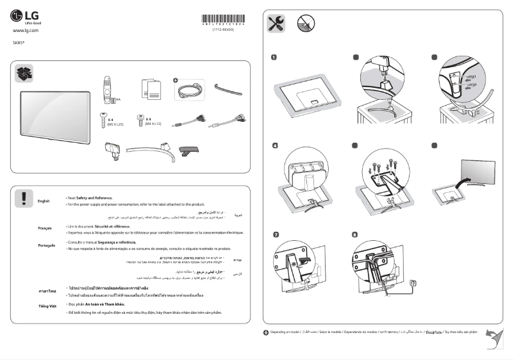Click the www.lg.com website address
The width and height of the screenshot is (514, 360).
click(26, 30)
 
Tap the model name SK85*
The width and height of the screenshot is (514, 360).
click(19, 42)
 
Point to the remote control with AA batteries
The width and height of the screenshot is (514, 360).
click(107, 89)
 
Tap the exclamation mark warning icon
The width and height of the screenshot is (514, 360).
click(24, 198)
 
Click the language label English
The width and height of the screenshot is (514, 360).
click(44, 201)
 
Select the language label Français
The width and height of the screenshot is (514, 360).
click(44, 228)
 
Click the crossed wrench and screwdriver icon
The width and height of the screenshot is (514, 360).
click(276, 24)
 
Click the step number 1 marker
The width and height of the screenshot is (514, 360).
click(276, 58)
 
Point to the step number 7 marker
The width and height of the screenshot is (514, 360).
click(276, 234)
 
